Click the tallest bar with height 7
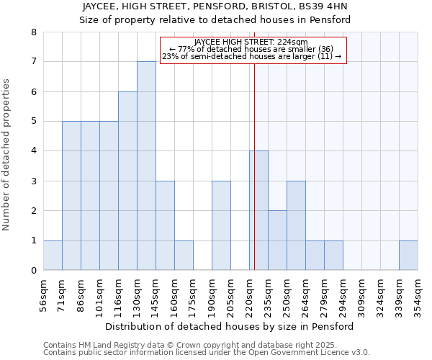pos(146,166)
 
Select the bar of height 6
pos(127,181)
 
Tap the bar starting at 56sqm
pos(53,256)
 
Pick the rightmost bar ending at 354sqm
pos(408,256)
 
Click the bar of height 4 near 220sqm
pos(258,210)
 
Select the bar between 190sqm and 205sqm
pos(221,225)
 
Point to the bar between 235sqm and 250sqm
pos(277,240)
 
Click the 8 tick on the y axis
pos(33,32)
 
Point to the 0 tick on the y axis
pos(33,271)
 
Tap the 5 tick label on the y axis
pos(33,121)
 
